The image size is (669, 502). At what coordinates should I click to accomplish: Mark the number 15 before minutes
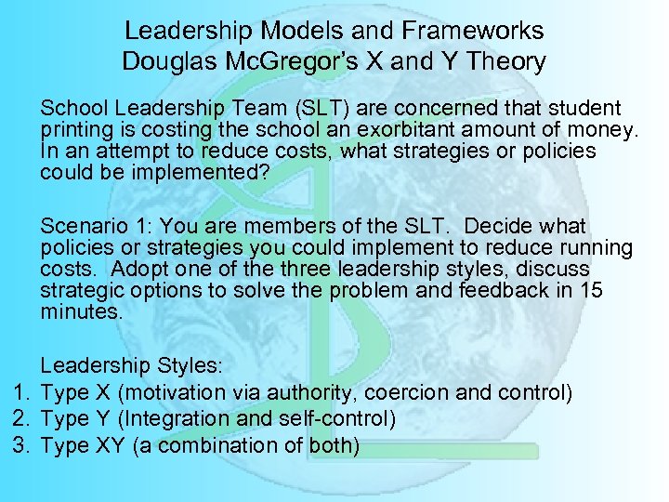(x=591, y=290)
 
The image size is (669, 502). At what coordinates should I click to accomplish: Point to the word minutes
(x=81, y=311)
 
